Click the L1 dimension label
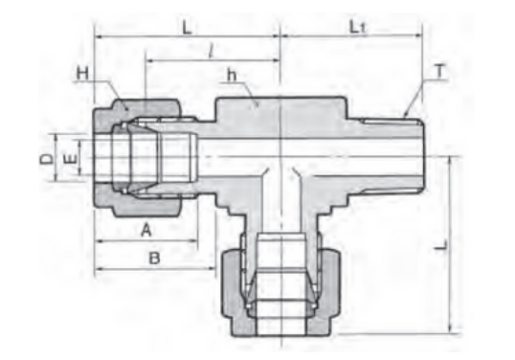click(357, 27)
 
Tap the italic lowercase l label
click(212, 51)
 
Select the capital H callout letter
click(82, 73)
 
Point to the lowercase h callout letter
click(232, 76)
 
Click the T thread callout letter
click(440, 71)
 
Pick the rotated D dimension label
click(46, 159)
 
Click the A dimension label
click(146, 230)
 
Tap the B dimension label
click(154, 259)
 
